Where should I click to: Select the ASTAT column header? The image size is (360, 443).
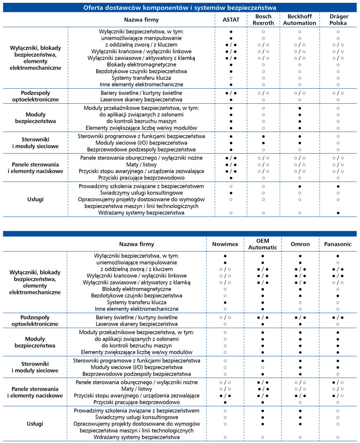coord(231,20)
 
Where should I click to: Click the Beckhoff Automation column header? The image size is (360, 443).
coord(300,20)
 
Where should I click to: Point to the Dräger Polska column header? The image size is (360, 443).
coord(338,20)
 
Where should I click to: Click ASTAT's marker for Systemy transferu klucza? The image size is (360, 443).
coord(231,78)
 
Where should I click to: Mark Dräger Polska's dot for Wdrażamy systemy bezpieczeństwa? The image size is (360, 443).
coord(338,213)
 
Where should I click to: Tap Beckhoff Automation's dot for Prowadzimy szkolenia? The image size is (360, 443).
coord(300,186)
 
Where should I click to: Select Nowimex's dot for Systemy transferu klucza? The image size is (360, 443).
coord(225,302)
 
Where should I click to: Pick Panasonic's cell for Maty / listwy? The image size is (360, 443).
coord(338,388)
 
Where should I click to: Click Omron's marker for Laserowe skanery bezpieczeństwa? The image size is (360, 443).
coord(301,325)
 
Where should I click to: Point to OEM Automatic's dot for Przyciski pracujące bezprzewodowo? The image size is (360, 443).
coord(262,402)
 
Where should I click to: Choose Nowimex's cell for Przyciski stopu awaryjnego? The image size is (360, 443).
coord(225,395)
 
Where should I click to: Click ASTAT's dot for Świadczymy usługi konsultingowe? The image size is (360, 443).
coord(231,193)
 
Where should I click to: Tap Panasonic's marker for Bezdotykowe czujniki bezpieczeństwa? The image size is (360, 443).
coord(338,295)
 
